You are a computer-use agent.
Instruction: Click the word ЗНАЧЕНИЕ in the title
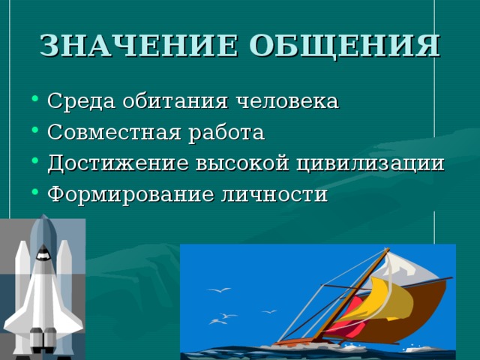point(139,46)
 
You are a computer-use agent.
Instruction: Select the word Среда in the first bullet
point(82,101)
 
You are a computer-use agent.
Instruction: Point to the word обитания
point(175,100)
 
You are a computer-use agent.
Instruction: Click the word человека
point(287,101)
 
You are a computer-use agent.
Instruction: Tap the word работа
point(226,133)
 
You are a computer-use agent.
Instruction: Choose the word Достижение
point(118,163)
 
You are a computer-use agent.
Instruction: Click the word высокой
point(242,163)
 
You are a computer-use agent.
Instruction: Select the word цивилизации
point(370,163)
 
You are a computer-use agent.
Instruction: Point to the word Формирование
point(130,195)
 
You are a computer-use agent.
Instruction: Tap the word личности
point(274,195)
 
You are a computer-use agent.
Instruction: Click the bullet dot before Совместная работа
point(35,130)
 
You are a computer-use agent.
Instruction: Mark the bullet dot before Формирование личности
point(35,192)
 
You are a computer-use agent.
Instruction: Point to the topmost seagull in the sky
point(219,290)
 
